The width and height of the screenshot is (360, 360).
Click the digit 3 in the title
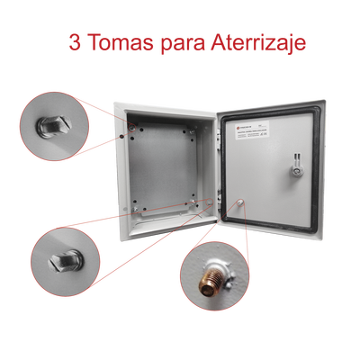click(75, 42)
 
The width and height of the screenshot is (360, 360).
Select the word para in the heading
click(183, 43)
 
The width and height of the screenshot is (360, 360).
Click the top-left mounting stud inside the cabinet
click(136, 130)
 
